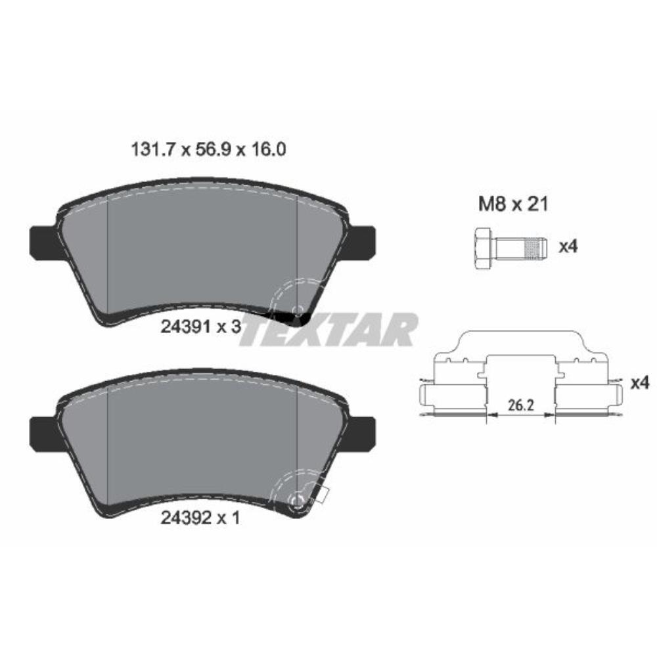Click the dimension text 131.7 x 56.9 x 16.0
click(206, 150)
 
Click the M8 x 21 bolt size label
click(512, 205)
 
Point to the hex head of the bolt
click(481, 247)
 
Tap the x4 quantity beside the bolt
click(567, 247)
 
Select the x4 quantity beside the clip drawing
click(639, 382)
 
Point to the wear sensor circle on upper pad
click(298, 309)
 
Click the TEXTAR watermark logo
click(328, 330)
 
